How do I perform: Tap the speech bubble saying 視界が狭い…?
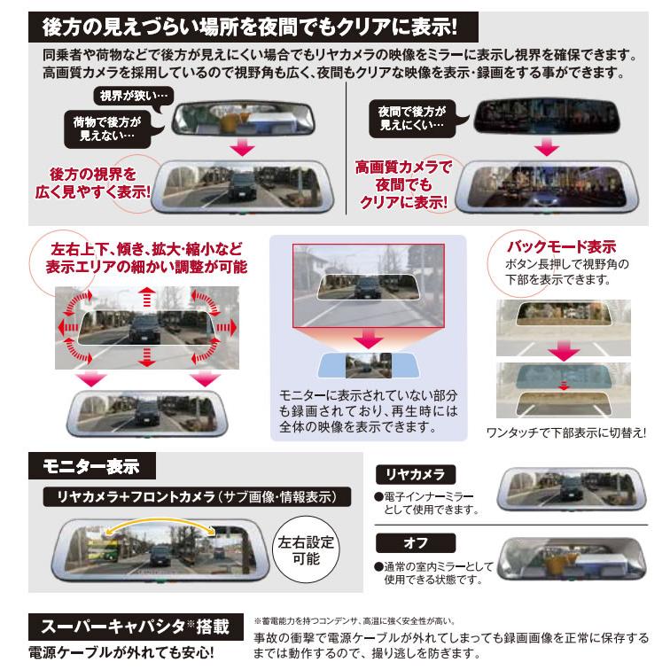[127, 95]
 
